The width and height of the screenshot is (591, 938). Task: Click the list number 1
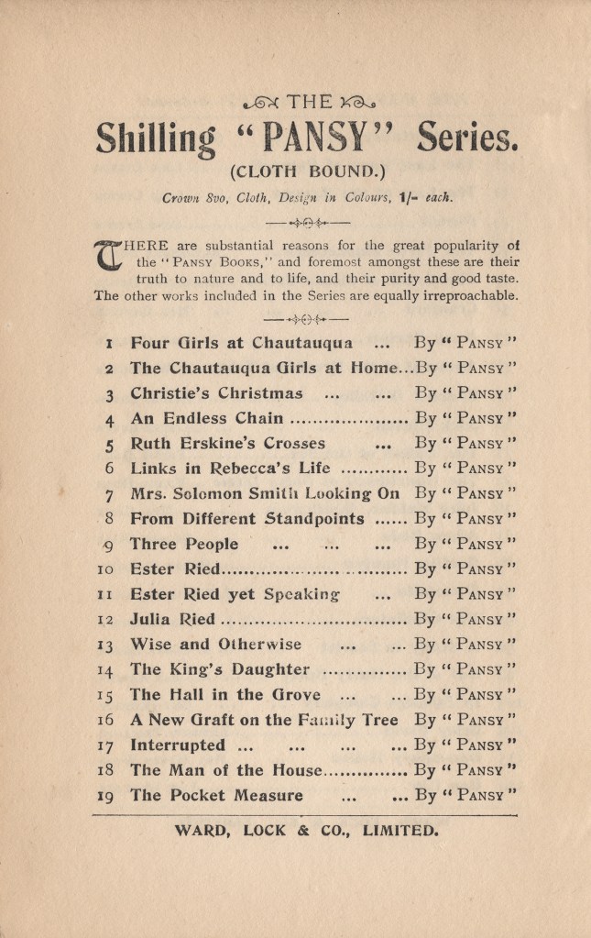tap(109, 345)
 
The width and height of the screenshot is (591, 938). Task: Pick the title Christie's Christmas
tap(216, 394)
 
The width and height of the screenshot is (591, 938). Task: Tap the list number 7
tap(109, 493)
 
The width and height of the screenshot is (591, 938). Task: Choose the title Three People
tap(184, 544)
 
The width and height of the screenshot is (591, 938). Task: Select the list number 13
tap(106, 644)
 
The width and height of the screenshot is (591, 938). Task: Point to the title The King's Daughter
tap(220, 668)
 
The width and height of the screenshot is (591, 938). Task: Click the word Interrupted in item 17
tap(177, 745)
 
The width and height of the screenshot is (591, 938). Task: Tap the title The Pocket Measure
tap(216, 795)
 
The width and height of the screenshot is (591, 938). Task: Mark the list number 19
tap(106, 795)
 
